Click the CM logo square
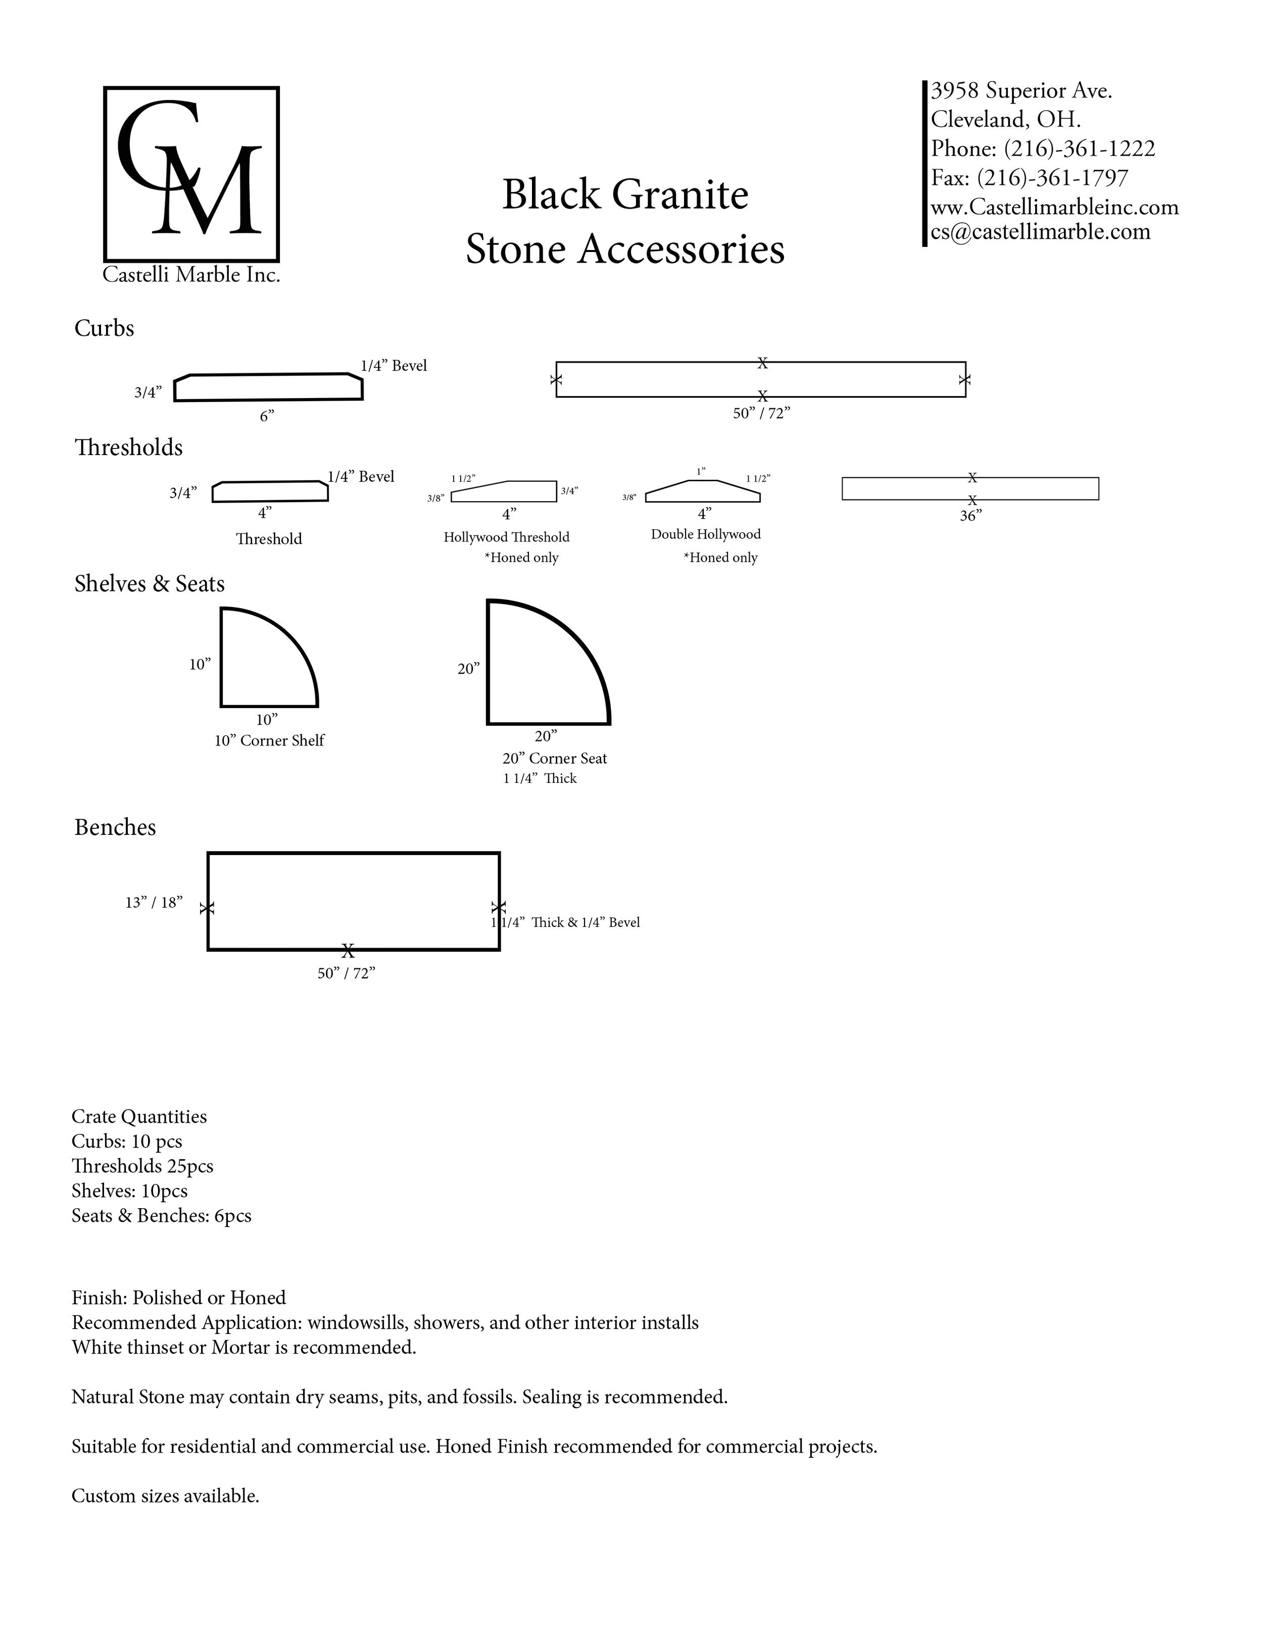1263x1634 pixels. tap(191, 174)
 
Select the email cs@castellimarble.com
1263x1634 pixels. tap(1040, 232)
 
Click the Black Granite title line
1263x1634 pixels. tap(625, 194)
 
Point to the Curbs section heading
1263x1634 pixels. tap(104, 328)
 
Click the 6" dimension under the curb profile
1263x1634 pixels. tap(267, 416)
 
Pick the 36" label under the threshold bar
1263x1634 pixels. tap(970, 516)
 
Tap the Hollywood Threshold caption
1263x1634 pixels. tap(507, 537)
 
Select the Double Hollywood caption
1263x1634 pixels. tap(706, 534)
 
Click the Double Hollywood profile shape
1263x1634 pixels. tap(703, 491)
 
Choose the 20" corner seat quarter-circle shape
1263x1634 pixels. tap(539, 670)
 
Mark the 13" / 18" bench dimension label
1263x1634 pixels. tap(154, 902)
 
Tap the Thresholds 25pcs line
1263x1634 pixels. tap(142, 1166)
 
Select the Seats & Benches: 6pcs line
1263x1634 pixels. tap(161, 1216)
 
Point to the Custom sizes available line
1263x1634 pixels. tap(165, 1496)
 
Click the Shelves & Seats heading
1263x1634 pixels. tap(149, 583)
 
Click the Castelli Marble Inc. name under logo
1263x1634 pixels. tap(191, 275)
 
